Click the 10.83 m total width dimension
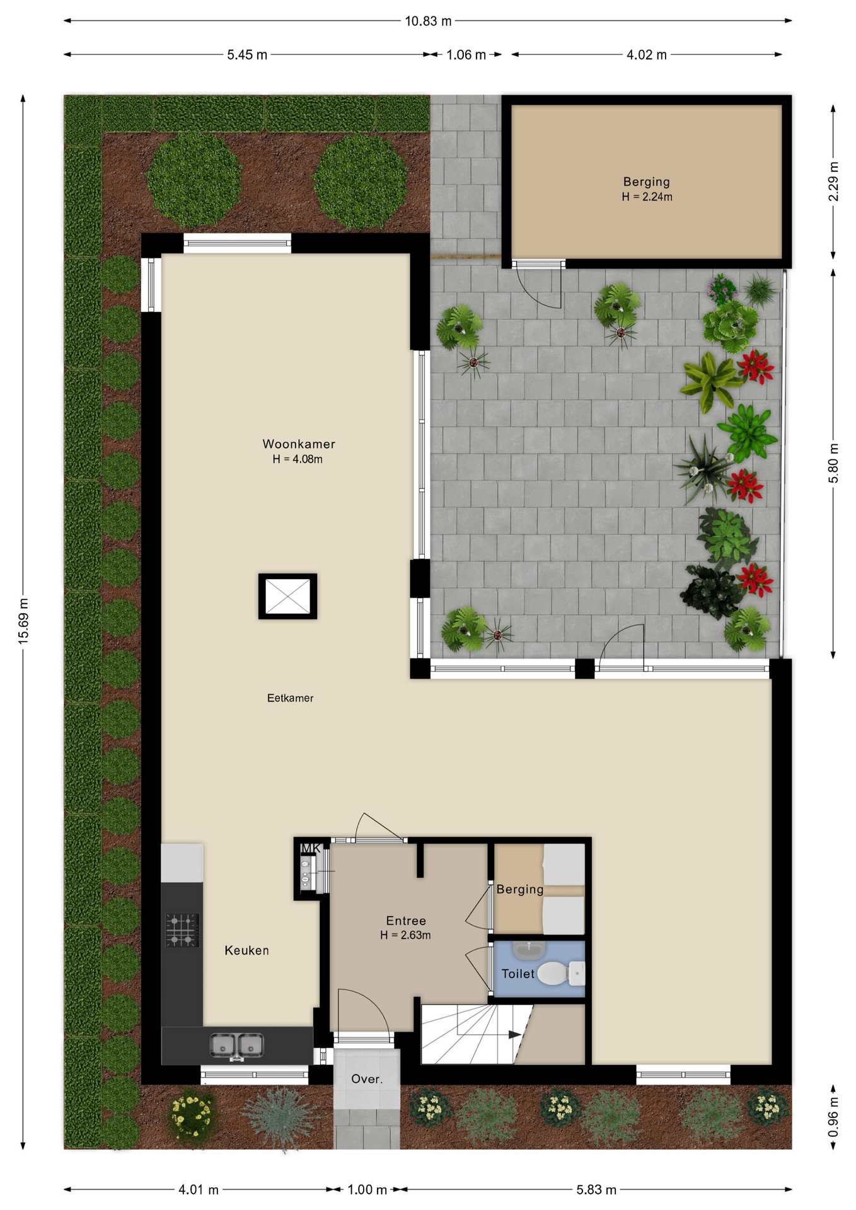[x=428, y=21]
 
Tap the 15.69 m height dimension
[x=23, y=621]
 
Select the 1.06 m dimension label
[x=466, y=55]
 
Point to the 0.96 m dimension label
[x=833, y=1116]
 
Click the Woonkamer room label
[x=299, y=444]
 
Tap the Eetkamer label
[x=290, y=698]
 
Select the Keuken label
[x=246, y=950]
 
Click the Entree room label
[x=406, y=921]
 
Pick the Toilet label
[x=518, y=974]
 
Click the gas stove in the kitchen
[x=182, y=930]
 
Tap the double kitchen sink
[x=236, y=1046]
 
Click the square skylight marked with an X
[x=287, y=596]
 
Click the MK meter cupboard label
[x=311, y=848]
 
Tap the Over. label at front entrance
[x=367, y=1079]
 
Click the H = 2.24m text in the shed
[x=647, y=197]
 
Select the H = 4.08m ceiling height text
[x=298, y=459]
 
